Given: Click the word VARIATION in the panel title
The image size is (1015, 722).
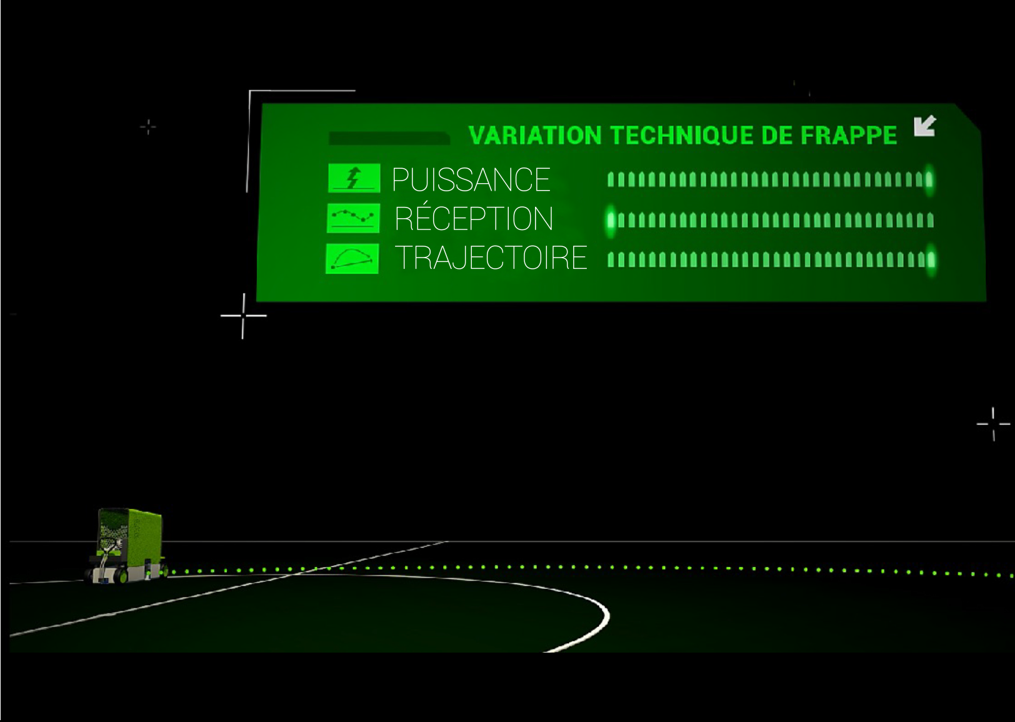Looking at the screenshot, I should pos(534,136).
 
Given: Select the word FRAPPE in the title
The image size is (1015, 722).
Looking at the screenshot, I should pos(849,136).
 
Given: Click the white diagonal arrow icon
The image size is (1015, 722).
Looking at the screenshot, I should pos(924,126).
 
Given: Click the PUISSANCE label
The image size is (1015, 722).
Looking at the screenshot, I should pos(471,180).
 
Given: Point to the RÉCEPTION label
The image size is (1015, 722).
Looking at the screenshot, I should pos(474,219).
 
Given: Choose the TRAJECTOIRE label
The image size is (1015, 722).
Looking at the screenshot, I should pos(491,258).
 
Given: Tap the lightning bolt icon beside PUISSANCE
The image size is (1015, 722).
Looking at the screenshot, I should pos(354,178).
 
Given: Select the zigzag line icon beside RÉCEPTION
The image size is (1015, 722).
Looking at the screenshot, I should pos(353,218).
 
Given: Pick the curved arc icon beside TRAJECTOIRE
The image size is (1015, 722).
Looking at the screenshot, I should pos(352,258).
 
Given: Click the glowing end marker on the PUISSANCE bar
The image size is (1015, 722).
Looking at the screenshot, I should pos(929,180).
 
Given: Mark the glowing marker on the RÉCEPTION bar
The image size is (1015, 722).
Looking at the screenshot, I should pos(611,220).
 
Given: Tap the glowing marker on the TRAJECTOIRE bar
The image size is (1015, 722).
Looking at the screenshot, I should pos(931,259).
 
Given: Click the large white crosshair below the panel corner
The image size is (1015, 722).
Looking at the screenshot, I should pos(243,316).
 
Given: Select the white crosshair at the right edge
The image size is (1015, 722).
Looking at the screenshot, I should pos(993,424).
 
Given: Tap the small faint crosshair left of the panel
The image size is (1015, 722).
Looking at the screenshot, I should pos(148,127).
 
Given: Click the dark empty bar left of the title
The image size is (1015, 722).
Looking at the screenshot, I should pos(389,138).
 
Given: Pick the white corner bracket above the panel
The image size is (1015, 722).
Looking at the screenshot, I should pos(300,93).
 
